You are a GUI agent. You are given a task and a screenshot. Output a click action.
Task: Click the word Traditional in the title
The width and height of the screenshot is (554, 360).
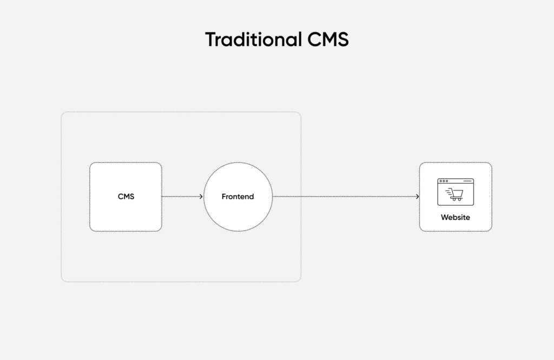tap(253, 40)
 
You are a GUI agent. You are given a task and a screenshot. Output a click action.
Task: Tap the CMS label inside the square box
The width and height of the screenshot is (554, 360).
tap(126, 197)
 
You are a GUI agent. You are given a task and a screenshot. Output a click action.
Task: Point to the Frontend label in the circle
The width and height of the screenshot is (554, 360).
tap(238, 197)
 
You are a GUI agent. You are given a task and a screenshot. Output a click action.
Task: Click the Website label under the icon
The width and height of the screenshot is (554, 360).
tap(455, 217)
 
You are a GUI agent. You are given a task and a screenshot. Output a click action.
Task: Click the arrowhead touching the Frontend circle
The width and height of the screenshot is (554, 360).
tap(202, 197)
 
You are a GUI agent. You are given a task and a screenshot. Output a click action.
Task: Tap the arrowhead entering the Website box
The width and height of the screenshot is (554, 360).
tap(418, 197)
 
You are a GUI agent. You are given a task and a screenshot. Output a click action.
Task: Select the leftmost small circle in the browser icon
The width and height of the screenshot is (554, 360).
tap(441, 181)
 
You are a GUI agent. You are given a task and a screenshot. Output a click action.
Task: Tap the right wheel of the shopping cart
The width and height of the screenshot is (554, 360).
tap(459, 199)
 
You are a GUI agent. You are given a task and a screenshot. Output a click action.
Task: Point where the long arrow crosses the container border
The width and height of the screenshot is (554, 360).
tap(300, 197)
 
